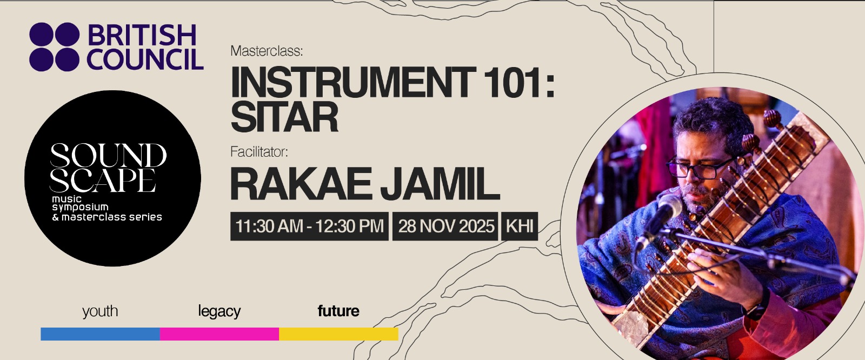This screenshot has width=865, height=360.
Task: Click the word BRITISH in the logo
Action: click(142, 36)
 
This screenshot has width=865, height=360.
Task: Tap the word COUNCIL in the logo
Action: click(145, 59)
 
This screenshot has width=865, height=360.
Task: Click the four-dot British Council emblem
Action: click(54, 47)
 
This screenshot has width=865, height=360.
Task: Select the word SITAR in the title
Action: click(284, 117)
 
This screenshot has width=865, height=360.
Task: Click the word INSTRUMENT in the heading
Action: click(353, 83)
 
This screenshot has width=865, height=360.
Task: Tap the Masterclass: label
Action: click(267, 51)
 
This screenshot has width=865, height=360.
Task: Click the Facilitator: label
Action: click(259, 152)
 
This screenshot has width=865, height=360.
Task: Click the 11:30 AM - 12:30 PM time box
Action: click(309, 226)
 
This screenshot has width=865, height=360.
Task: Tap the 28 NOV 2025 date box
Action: click(446, 226)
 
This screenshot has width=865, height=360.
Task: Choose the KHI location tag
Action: click(520, 226)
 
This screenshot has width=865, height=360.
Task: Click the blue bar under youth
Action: click(100, 334)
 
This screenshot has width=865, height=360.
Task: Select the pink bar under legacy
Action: click(219, 334)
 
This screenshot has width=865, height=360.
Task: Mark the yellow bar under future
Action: click(338, 334)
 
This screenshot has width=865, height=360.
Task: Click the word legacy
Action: click(219, 311)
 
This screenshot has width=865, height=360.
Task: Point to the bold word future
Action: click(338, 311)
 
